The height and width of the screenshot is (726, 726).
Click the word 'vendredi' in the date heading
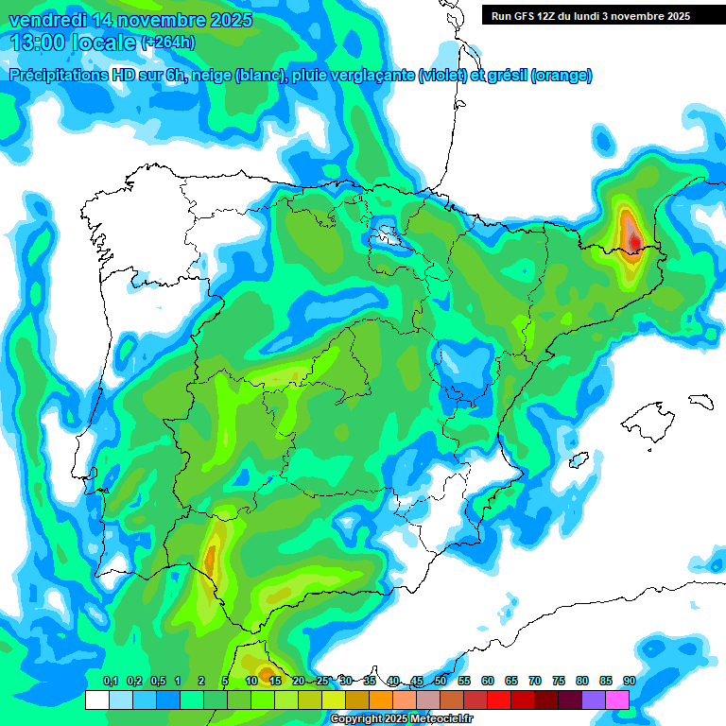[46, 20]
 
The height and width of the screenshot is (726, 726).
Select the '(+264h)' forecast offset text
[168, 43]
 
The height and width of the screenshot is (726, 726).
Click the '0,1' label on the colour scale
[110, 682]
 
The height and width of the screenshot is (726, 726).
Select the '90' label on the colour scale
[629, 682]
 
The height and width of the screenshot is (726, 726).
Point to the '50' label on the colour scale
[441, 682]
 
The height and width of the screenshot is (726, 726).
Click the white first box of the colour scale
[96, 700]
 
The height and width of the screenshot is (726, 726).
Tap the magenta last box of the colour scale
[617, 700]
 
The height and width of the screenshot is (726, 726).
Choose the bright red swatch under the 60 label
[499, 700]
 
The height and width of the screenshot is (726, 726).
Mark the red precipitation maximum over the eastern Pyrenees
[634, 242]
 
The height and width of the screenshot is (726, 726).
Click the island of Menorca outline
[700, 401]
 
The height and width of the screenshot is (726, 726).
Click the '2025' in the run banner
[673, 16]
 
